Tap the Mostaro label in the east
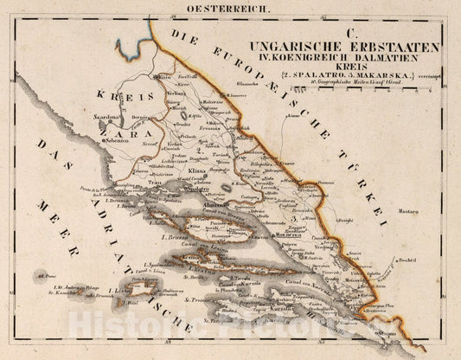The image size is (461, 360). (x=430, y=209)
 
